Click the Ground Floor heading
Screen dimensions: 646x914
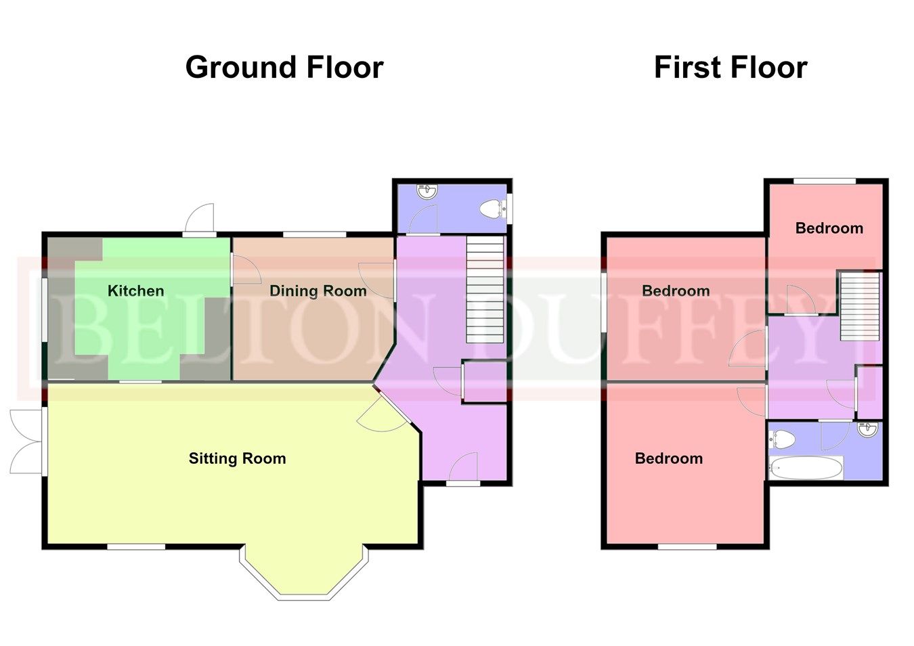(284, 68)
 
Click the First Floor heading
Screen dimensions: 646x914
(731, 68)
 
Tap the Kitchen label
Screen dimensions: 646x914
(135, 291)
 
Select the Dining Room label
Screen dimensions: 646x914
(318, 291)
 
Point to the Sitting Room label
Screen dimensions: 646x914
(237, 458)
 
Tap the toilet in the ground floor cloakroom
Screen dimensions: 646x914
(490, 209)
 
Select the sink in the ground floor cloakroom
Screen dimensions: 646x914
(427, 192)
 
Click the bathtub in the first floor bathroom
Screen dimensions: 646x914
(806, 468)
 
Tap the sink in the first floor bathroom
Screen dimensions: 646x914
(866, 429)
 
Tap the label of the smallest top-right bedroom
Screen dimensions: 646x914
(829, 228)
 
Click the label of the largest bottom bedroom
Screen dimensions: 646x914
(668, 458)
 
